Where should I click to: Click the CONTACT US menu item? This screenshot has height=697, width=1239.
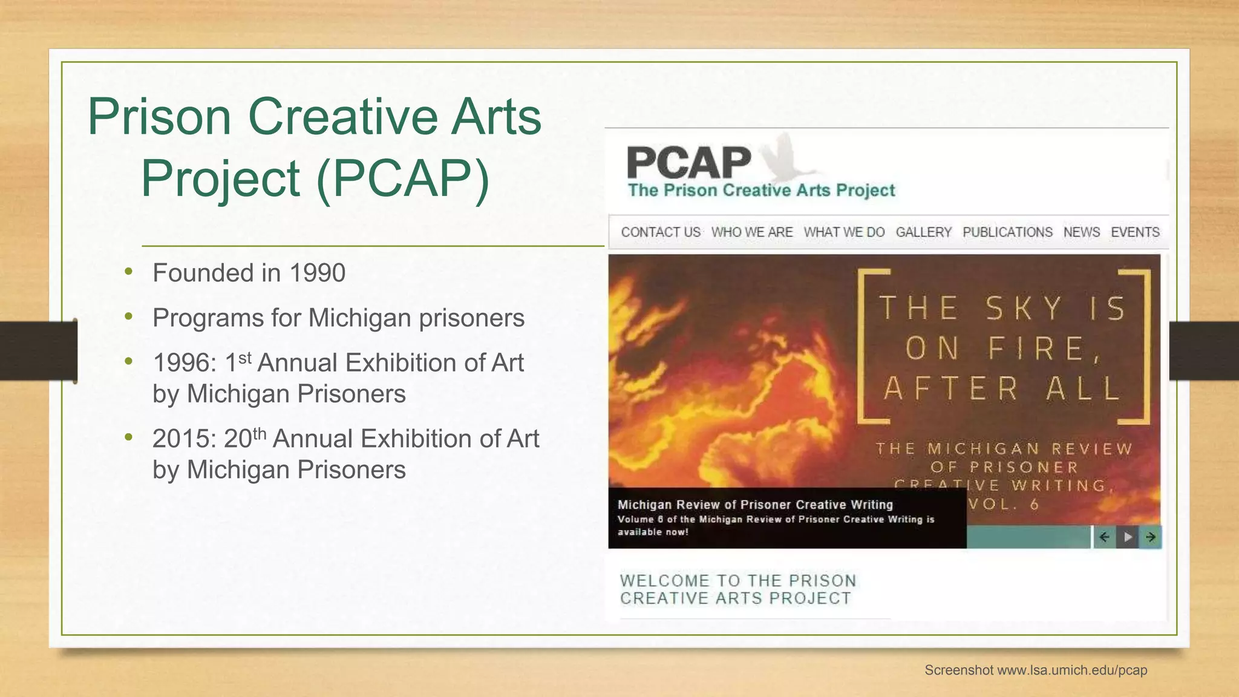pyautogui.click(x=661, y=232)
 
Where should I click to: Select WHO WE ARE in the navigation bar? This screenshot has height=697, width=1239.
pyautogui.click(x=752, y=232)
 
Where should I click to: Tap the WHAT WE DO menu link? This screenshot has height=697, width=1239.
pyautogui.click(x=844, y=232)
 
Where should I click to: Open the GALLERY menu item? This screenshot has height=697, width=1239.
pyautogui.click(x=923, y=232)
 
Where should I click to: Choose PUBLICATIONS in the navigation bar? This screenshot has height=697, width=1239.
pyautogui.click(x=1007, y=232)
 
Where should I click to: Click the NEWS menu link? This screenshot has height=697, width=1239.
pyautogui.click(x=1082, y=232)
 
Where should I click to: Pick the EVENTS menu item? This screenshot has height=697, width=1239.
pyautogui.click(x=1135, y=232)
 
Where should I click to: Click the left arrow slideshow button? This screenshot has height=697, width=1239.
pyautogui.click(x=1104, y=537)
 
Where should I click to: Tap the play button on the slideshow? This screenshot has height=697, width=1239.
pyautogui.click(x=1128, y=537)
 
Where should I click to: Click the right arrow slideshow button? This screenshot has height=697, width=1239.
pyautogui.click(x=1151, y=537)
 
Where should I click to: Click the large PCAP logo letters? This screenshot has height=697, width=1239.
pyautogui.click(x=688, y=163)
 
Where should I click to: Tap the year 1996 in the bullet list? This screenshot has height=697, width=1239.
pyautogui.click(x=184, y=363)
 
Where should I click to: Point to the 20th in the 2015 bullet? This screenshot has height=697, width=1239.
pyautogui.click(x=244, y=438)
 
